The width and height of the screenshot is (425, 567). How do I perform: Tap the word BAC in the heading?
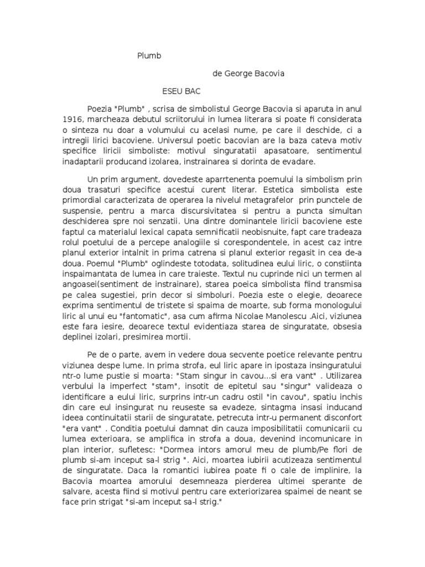coord(191,90)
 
